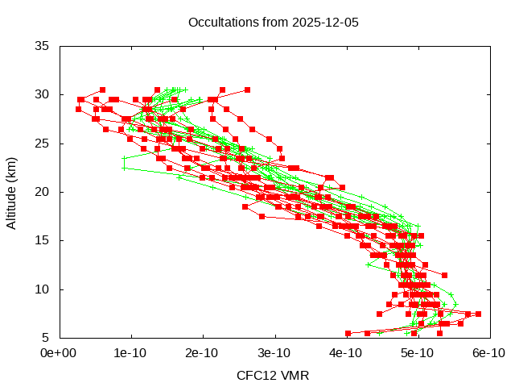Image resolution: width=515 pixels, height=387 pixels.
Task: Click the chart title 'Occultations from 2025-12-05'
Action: [x=274, y=22]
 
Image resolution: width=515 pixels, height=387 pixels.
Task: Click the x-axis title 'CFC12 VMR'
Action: [x=273, y=375]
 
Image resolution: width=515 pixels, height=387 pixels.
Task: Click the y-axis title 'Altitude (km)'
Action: [x=12, y=192]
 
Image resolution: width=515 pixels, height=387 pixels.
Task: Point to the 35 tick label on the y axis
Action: [x=43, y=46]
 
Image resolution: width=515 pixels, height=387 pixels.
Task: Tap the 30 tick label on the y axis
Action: [x=43, y=94]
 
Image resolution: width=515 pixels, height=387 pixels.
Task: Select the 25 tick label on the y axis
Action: [x=43, y=144]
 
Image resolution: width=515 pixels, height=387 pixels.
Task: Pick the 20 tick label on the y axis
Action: [x=43, y=192]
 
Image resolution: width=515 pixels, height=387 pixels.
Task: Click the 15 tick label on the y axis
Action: [x=43, y=240]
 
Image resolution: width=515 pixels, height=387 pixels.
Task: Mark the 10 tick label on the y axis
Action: [x=43, y=289]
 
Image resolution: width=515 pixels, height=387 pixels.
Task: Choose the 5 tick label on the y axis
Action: [x=46, y=338]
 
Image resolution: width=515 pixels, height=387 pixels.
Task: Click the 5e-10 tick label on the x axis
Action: [x=417, y=353]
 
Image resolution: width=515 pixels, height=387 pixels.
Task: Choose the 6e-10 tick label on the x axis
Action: [x=488, y=353]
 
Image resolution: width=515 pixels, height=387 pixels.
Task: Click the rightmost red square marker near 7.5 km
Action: [x=478, y=314]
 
